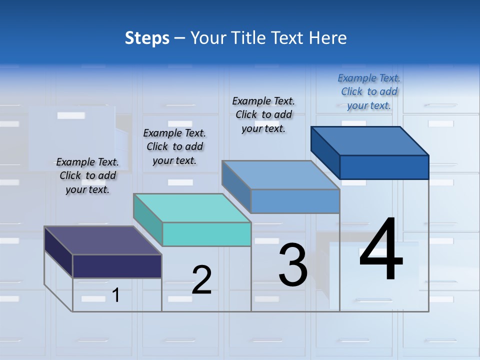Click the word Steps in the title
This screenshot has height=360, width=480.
click(x=147, y=38)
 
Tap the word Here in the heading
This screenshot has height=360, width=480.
click(x=327, y=38)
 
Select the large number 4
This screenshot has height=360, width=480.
click(x=381, y=249)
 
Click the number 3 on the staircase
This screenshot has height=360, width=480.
click(x=293, y=265)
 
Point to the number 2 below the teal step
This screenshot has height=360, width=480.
click(x=201, y=280)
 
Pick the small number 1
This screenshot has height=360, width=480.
click(x=116, y=295)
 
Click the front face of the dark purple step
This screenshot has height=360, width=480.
click(x=117, y=266)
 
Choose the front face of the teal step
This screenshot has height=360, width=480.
click(x=206, y=234)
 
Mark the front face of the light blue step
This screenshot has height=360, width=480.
click(x=295, y=201)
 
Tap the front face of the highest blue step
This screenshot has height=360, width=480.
click(x=384, y=167)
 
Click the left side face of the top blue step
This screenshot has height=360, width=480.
click(x=325, y=148)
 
